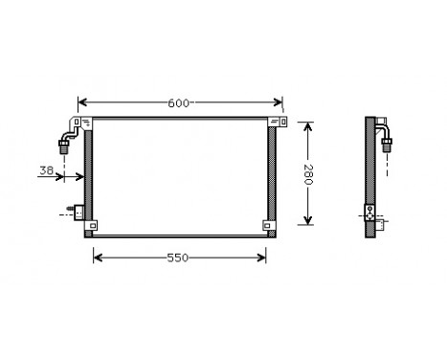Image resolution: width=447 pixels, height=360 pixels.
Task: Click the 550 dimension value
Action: pyautogui.click(x=179, y=257)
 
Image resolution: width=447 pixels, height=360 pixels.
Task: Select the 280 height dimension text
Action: pyautogui.click(x=307, y=173)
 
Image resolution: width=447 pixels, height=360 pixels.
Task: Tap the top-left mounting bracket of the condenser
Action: pyautogui.click(x=87, y=122)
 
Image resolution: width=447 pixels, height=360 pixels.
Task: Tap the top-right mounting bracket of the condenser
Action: pyautogui.click(x=276, y=122)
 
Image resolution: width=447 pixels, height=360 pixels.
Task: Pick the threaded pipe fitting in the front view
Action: pyautogui.click(x=65, y=146)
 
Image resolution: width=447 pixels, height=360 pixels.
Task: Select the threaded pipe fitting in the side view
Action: pyautogui.click(x=388, y=146)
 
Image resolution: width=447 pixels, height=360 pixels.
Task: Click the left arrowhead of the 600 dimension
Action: pyautogui.click(x=81, y=102)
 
